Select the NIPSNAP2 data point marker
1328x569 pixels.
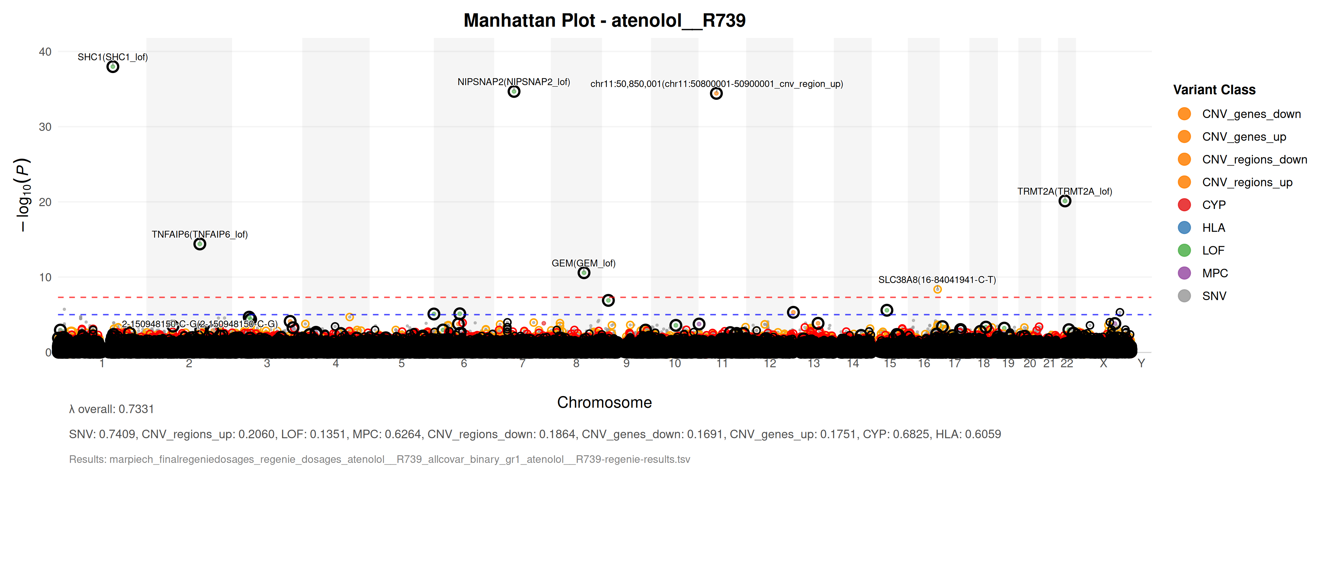click(x=513, y=92)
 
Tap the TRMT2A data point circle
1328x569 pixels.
click(x=1065, y=201)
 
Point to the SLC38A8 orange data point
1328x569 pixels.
click(x=937, y=290)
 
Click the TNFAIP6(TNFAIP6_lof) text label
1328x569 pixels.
click(x=200, y=235)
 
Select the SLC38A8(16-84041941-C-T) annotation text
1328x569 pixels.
click(x=937, y=280)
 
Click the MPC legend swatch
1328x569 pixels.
click(x=1184, y=273)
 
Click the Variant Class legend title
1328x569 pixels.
click(x=1214, y=90)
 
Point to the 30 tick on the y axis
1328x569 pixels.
click(x=45, y=127)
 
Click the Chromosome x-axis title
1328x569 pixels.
click(x=604, y=402)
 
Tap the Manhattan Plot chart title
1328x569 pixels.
click(x=604, y=21)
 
